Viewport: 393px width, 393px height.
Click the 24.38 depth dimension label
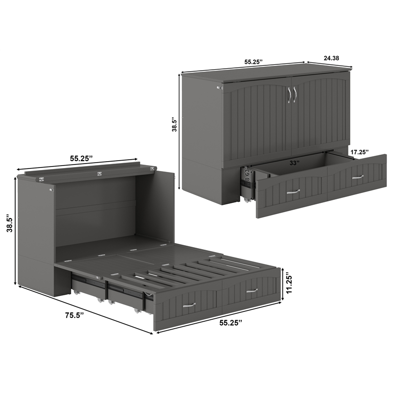(332, 58)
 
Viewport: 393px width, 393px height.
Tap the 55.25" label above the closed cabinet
(253, 62)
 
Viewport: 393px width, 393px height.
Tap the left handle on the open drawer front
(293, 192)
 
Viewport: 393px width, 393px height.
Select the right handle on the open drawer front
(358, 177)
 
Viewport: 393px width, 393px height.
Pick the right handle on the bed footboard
(252, 291)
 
